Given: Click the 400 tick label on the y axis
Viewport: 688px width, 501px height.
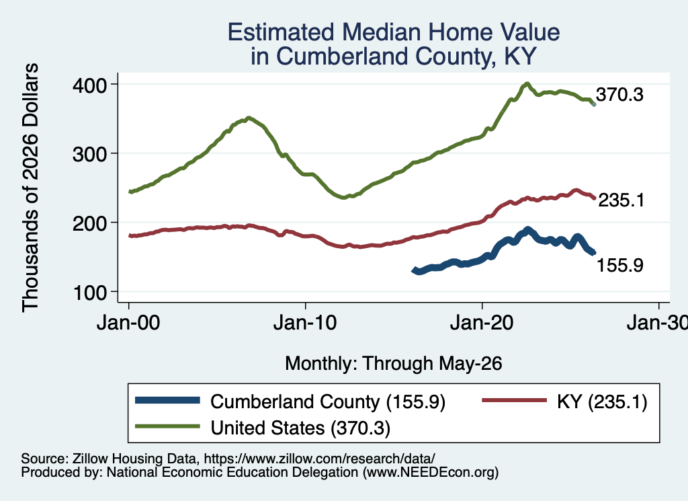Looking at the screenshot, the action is click(x=89, y=85).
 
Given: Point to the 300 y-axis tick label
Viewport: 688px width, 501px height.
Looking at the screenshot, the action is click(x=89, y=154).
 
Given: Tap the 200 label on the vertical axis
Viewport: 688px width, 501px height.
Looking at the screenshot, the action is click(x=89, y=223).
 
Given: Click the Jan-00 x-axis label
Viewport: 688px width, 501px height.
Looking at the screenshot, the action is click(x=128, y=323).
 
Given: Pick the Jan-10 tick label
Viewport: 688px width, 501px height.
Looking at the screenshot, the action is click(x=305, y=323).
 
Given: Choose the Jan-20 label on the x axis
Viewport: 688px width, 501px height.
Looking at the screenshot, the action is click(x=482, y=323).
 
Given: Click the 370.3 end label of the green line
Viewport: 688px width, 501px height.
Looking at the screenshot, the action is click(x=619, y=94).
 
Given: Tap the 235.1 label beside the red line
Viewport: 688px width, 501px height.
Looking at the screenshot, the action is click(x=621, y=200).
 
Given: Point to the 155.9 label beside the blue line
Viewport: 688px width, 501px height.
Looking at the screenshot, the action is click(x=620, y=265).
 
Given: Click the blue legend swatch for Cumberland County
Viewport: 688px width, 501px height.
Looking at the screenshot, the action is click(x=167, y=400).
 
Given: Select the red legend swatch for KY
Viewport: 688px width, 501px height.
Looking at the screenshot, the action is click(x=515, y=400).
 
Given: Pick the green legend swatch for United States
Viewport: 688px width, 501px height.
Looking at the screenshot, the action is click(x=167, y=426).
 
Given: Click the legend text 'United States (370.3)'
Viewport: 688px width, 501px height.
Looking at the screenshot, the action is click(x=300, y=428).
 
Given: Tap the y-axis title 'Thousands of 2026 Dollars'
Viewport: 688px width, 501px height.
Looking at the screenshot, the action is click(x=30, y=188).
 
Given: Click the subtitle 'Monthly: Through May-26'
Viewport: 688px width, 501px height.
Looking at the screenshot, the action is click(x=394, y=364).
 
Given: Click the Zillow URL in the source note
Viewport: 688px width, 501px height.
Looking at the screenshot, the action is click(x=319, y=459).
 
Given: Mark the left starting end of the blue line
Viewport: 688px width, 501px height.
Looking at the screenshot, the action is click(x=413, y=270).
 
